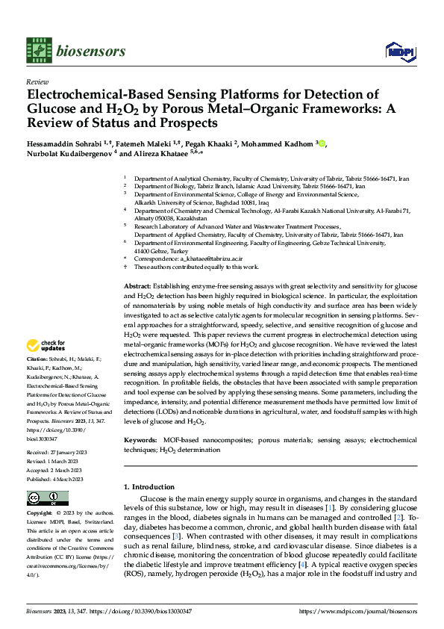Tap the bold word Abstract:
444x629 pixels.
[136, 287]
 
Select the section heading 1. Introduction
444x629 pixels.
[154, 487]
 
